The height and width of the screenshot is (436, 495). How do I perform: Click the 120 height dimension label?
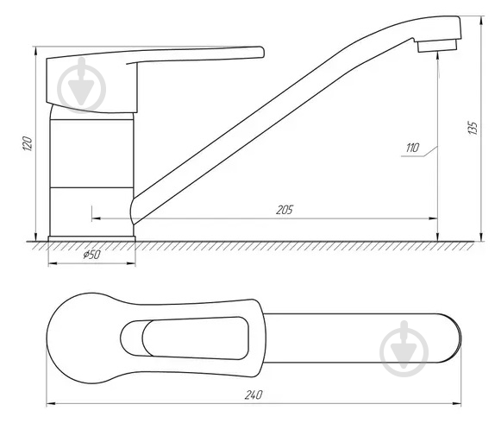coord(28,143)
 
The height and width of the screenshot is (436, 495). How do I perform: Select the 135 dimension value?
coord(472,127)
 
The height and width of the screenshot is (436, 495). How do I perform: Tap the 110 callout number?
coord(411,149)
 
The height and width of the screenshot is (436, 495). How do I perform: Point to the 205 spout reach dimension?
coord(284,210)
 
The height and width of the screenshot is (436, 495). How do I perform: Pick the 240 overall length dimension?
coord(253,395)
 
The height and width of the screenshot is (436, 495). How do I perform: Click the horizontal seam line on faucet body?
coord(92,186)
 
